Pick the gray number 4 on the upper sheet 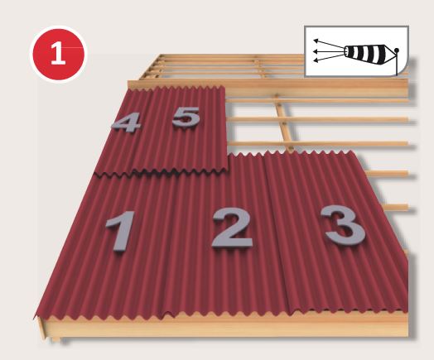[x=126, y=123]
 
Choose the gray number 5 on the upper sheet [x=186, y=118]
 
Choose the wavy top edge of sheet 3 [x=315, y=155]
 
